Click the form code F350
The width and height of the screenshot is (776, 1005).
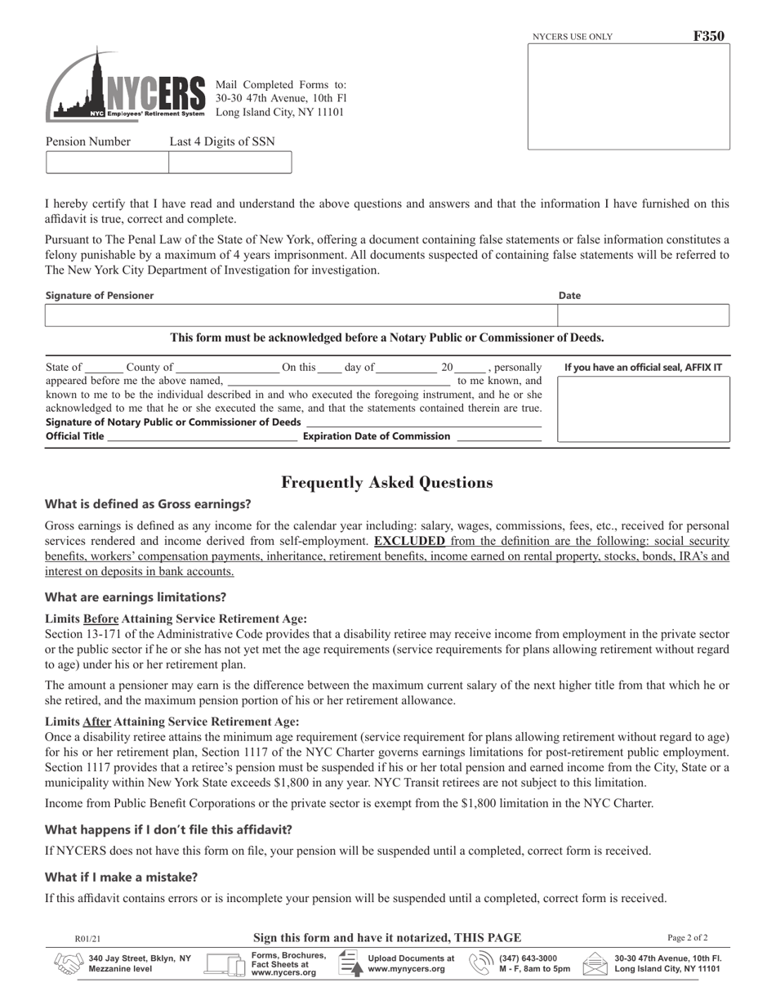(708, 36)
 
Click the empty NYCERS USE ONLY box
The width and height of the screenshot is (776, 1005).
(628, 97)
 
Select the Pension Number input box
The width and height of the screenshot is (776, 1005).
(107, 163)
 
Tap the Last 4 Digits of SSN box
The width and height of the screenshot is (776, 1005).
(230, 163)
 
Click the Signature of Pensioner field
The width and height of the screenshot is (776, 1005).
(301, 315)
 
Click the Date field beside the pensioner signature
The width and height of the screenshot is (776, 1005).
(643, 315)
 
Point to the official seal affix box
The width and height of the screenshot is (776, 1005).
(643, 409)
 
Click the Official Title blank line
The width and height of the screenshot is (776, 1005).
(202, 436)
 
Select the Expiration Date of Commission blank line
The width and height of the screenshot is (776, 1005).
(499, 436)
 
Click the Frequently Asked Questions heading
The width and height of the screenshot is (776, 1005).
(386, 483)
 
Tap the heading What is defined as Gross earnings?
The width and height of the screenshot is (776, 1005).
(148, 504)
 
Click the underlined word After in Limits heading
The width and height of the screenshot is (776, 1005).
(96, 721)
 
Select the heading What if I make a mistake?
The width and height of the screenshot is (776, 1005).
(121, 878)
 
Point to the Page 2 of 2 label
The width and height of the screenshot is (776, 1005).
(687, 938)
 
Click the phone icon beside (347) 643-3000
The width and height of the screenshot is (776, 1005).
(481, 964)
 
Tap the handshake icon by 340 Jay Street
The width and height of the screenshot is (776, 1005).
(68, 964)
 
